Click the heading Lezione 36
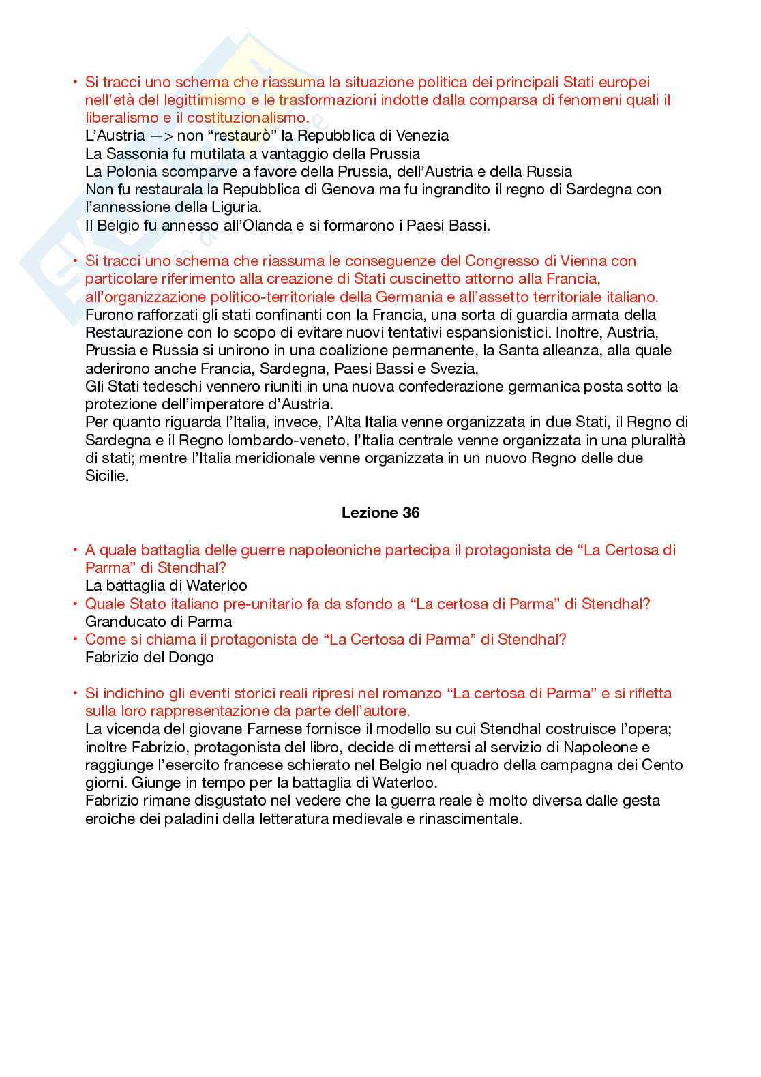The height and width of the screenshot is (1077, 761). coord(380,513)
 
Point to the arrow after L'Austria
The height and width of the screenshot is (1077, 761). coord(161,136)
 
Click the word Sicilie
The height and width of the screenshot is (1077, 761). coord(106,475)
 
